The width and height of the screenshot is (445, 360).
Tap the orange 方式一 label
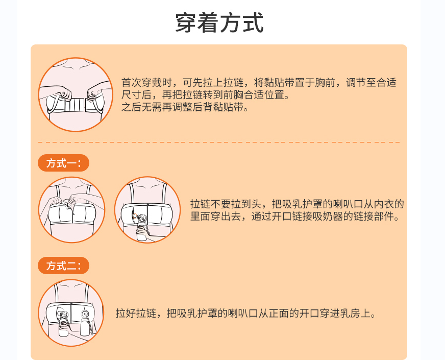click(63, 163)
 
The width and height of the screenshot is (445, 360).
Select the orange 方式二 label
click(63, 266)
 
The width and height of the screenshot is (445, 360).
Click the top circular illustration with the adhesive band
click(76, 94)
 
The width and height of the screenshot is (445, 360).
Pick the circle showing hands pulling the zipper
click(72, 210)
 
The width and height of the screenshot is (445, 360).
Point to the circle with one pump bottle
click(147, 210)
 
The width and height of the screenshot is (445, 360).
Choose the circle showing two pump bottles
click(71, 313)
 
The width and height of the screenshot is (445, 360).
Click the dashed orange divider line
click(219, 142)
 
